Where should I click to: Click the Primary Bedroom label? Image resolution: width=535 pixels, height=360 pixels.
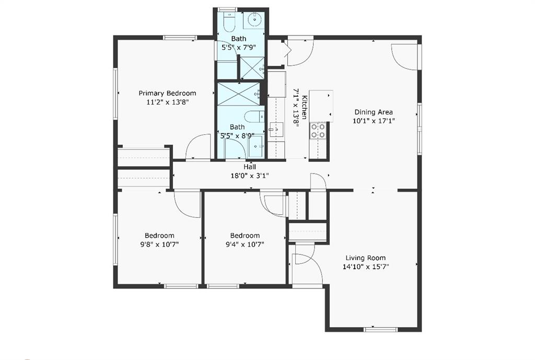coord(167,93)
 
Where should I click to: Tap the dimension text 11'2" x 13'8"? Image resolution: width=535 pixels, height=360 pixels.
coord(167,102)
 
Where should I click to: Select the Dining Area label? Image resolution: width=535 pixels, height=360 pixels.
coord(374,112)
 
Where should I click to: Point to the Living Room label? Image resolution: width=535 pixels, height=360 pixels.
coord(366,258)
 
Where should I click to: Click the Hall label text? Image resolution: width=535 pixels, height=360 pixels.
coord(250,167)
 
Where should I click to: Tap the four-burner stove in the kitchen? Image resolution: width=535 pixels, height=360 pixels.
coord(318,131)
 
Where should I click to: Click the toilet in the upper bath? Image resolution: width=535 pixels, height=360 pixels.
coord(229,21)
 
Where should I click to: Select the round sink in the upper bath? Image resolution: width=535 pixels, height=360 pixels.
coord(254,20)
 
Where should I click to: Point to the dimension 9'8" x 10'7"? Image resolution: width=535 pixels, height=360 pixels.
coord(160,245)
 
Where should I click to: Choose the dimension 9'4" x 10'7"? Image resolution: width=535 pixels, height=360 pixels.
coord(245,245)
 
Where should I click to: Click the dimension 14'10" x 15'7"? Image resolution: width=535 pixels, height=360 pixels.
coord(366,267)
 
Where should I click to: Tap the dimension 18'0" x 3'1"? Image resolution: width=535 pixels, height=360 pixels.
coord(250,176)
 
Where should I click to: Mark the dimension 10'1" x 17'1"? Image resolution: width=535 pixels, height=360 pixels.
coord(374,121)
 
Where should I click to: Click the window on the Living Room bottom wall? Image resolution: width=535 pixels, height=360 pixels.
coord(380,330)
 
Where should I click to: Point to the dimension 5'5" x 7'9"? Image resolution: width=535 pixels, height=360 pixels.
coord(239,48)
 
